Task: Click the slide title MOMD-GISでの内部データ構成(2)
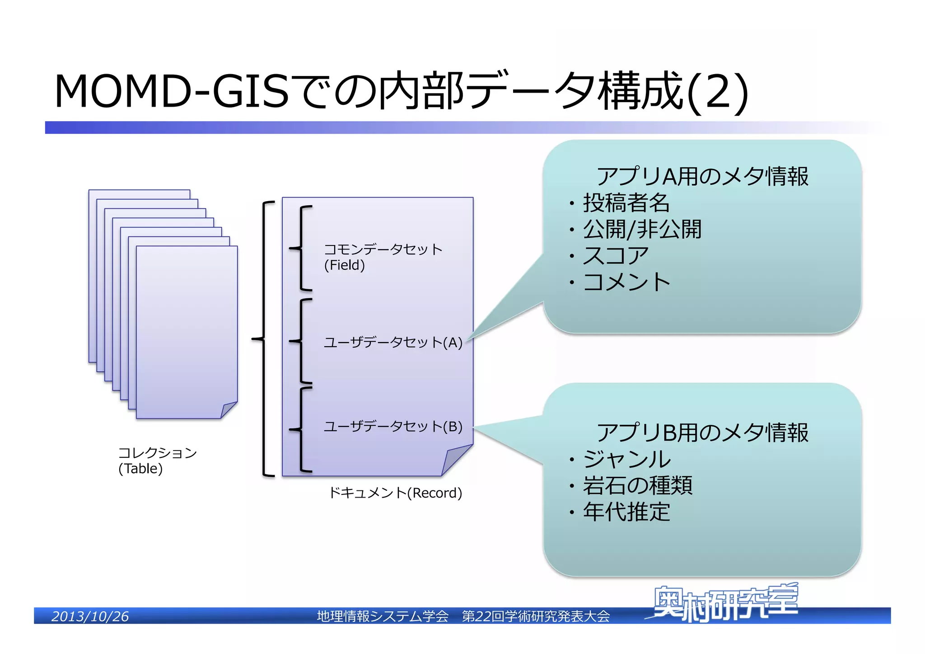point(401,91)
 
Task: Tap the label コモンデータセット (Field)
point(383,257)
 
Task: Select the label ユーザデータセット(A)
point(393,343)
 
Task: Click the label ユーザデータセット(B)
point(393,427)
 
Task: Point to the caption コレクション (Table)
point(157,460)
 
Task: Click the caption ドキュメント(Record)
point(395,493)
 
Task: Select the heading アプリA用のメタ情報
point(702,176)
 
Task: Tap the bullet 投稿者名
point(626,202)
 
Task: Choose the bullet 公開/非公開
point(642,229)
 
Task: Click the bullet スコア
point(616,256)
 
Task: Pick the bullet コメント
point(626,282)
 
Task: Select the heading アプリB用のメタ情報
point(702,433)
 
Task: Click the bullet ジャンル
point(626,459)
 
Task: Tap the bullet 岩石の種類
point(637,485)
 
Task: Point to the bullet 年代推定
point(626,512)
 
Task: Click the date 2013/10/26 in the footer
point(90,616)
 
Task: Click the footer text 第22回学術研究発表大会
point(536,616)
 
